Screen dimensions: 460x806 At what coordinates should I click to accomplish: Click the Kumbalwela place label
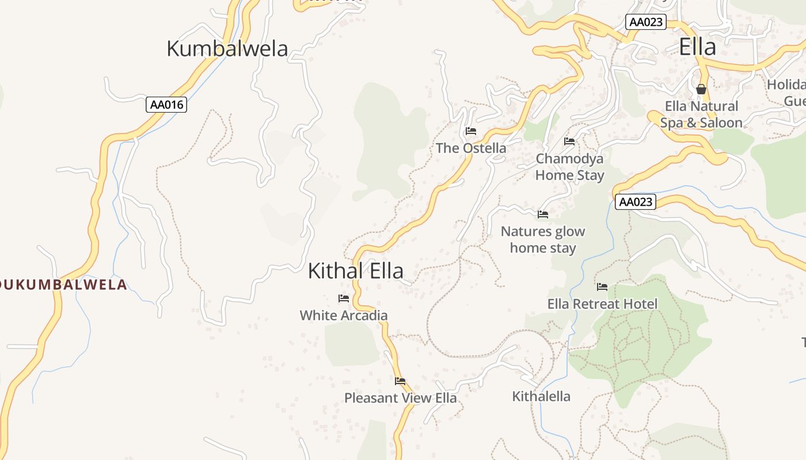227,49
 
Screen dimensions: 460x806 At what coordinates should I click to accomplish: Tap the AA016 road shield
166,105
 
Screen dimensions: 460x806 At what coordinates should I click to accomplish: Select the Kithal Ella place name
355,271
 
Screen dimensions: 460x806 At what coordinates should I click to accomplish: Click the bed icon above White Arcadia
344,298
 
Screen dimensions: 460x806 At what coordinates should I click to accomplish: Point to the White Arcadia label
344,315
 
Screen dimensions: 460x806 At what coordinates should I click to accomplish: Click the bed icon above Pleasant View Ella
400,381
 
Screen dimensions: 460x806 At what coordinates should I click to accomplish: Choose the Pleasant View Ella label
400,398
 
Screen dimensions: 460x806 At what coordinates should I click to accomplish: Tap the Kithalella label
541,396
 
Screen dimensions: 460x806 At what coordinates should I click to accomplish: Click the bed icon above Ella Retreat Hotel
602,287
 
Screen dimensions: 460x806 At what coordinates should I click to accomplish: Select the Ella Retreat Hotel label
602,304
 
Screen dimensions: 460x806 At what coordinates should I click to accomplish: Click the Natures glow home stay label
542,240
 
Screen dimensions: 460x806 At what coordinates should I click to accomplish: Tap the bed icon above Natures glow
543,214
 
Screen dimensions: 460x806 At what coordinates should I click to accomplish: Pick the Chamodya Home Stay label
569,167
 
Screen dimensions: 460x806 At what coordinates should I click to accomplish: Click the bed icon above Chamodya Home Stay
569,141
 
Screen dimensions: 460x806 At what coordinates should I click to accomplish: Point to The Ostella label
471,148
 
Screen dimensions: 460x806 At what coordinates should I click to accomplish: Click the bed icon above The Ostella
471,131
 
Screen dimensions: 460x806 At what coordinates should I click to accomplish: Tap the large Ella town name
697,47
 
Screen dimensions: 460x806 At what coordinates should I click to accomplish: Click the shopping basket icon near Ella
701,89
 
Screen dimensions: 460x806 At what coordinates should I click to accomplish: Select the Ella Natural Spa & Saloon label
701,114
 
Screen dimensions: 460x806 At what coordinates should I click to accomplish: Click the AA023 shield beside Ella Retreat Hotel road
636,202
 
